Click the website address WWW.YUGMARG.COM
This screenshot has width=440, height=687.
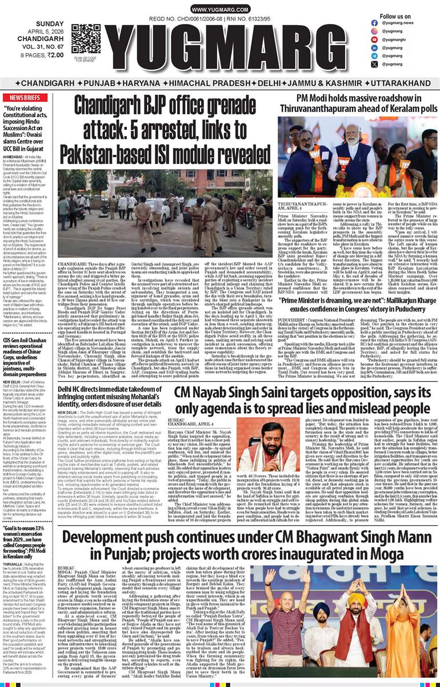coord(219,10)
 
